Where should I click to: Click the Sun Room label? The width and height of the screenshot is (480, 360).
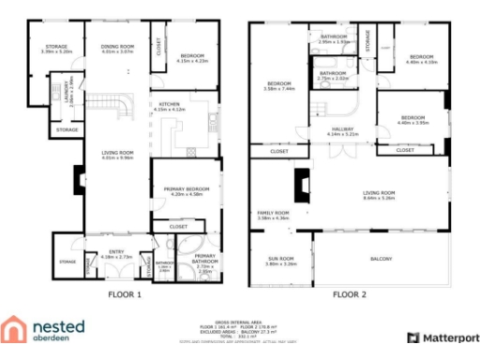tap(281, 262)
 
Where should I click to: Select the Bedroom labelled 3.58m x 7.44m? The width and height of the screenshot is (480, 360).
tap(280, 85)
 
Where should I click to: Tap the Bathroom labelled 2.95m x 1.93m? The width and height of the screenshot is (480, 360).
tap(333, 39)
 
